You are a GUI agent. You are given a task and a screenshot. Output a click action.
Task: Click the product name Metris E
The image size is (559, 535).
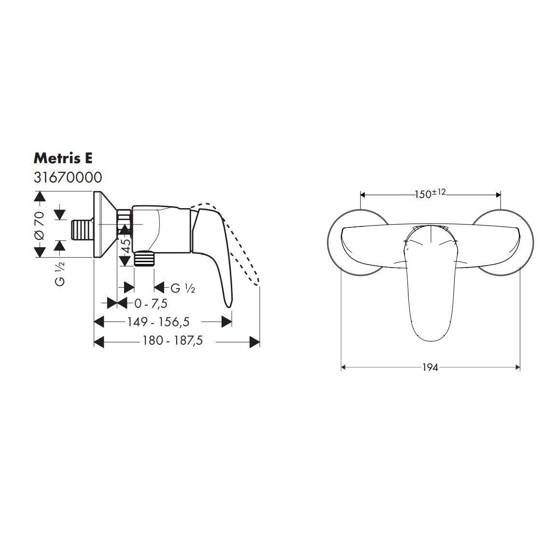[x=63, y=158]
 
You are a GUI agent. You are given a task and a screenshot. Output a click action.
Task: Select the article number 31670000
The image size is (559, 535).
[x=68, y=177]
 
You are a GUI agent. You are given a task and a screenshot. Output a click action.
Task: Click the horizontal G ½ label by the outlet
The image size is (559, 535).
[x=182, y=288]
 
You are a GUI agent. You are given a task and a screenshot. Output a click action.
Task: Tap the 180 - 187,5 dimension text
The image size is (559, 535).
[x=172, y=340]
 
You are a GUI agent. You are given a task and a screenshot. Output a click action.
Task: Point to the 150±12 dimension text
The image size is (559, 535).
[x=430, y=194]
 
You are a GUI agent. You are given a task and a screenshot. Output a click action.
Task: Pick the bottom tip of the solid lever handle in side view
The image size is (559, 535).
[x=228, y=303]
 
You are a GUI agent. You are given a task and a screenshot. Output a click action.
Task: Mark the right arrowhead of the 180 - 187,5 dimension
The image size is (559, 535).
[x=255, y=342]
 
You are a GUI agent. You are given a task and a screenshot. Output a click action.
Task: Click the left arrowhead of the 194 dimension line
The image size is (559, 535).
[x=344, y=367]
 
